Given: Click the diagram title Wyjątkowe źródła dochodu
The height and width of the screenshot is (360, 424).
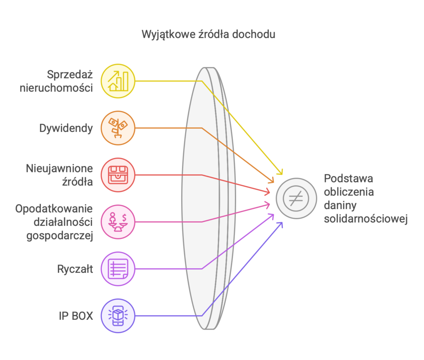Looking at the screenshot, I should tap(208, 34).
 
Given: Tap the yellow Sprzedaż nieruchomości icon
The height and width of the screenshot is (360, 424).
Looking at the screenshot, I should tap(118, 81).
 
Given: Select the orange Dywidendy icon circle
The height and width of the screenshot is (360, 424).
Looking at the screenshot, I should tap(118, 128).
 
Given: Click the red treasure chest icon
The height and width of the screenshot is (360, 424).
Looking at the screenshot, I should tap(118, 175).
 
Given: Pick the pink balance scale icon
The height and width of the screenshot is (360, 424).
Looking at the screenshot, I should tap(118, 222).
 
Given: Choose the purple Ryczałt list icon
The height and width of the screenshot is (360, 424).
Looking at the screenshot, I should tap(118, 269).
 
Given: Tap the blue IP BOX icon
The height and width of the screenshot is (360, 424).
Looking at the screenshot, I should tap(118, 316).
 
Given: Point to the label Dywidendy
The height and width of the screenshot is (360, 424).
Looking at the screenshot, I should tap(66, 128).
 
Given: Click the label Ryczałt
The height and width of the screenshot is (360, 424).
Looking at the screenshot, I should tap(75, 269).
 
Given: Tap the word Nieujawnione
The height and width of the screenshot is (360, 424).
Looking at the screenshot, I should tap(60, 169).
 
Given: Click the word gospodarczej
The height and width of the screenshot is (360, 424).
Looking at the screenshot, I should tap(60, 235).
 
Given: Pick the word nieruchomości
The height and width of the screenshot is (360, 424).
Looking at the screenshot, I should tap(56, 88).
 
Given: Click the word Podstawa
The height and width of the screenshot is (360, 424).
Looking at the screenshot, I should tap(349, 179).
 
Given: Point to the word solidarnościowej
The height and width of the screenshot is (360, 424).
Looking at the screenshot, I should tap(366, 219).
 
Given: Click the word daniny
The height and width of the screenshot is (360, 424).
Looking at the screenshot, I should tap(341, 206).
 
